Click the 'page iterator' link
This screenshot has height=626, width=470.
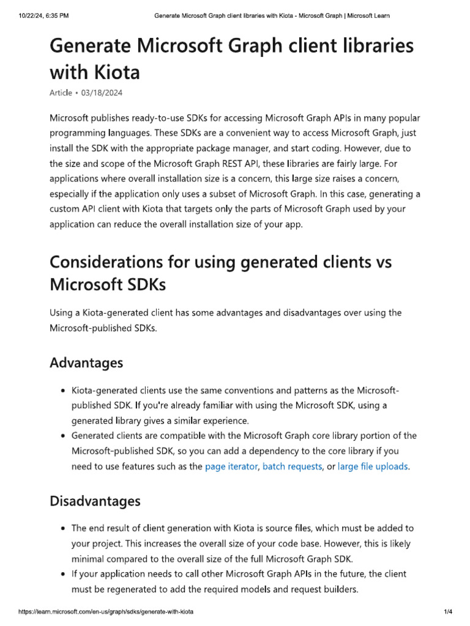click(x=231, y=466)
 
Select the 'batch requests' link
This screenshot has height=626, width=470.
click(x=292, y=466)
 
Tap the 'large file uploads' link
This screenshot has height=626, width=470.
click(x=373, y=466)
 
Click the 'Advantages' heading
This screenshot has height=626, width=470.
click(x=86, y=363)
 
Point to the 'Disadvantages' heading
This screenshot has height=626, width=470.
click(x=95, y=501)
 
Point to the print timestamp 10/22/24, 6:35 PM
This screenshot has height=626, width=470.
click(x=38, y=15)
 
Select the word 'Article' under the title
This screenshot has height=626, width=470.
click(x=61, y=92)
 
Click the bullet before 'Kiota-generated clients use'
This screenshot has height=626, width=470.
click(x=64, y=391)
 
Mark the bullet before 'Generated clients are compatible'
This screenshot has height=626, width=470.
click(x=64, y=436)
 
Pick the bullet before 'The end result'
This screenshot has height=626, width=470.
click(x=64, y=529)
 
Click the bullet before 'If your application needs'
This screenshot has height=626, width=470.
click(x=64, y=575)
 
